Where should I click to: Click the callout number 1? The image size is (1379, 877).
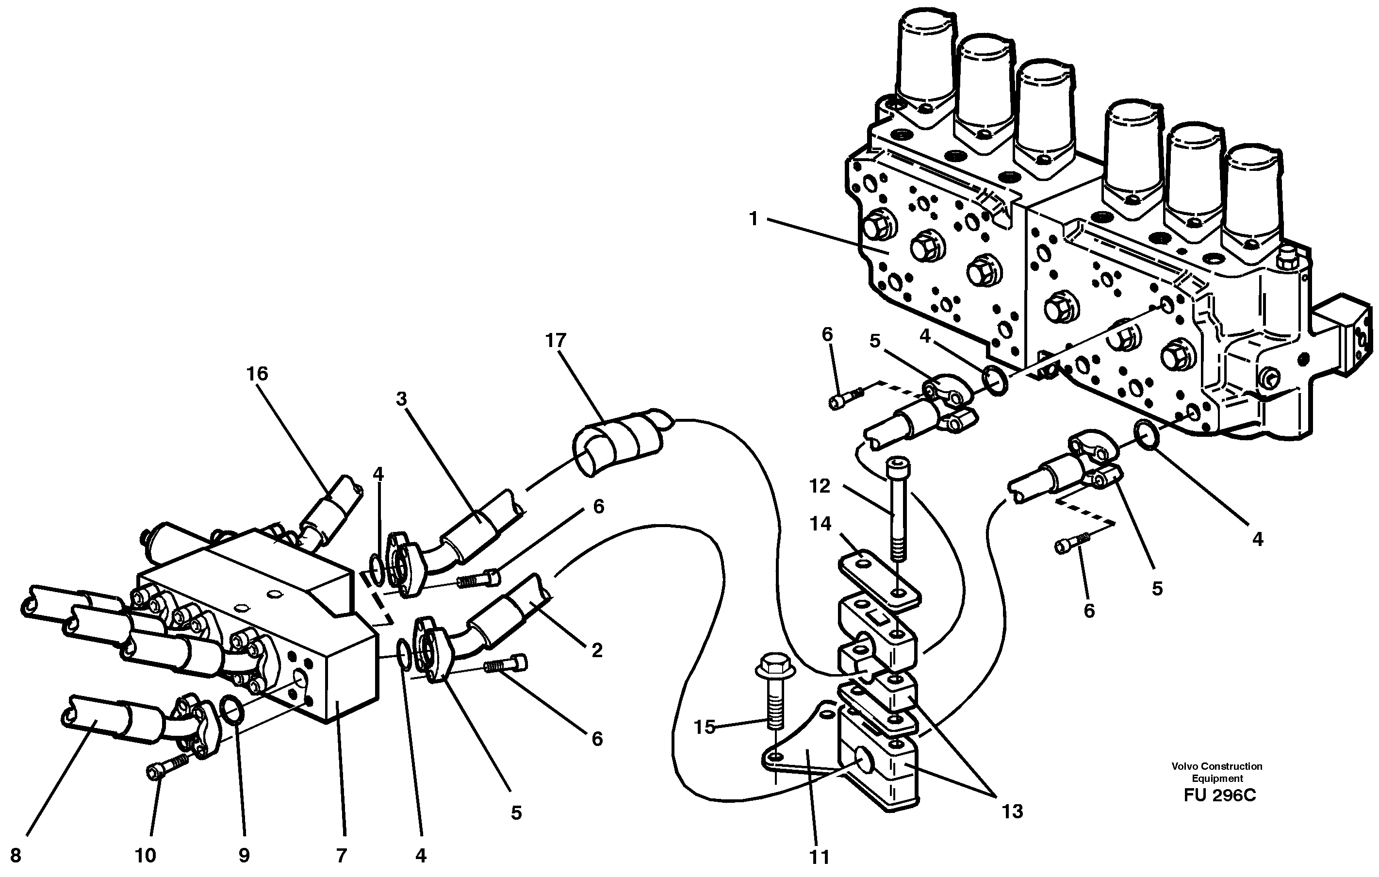(754, 219)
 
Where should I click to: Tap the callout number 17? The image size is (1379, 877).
(556, 341)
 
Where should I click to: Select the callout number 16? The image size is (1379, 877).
(257, 374)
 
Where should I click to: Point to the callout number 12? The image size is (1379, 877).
(820, 486)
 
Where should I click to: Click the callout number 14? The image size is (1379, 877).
(820, 524)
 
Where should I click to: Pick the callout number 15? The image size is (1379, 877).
(705, 727)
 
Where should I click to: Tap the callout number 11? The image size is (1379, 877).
(820, 858)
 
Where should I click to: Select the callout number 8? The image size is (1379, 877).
(16, 856)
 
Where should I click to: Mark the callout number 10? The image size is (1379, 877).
(146, 856)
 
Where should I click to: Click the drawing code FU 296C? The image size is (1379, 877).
(1220, 795)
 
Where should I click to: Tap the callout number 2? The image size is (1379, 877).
(597, 650)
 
